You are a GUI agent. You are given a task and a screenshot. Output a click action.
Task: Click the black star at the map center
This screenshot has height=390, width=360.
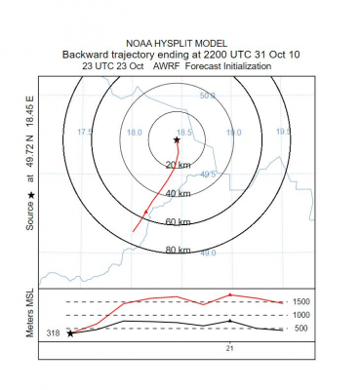(x=177, y=140)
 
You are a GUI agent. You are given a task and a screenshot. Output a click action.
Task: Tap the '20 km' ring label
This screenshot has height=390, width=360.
(x=177, y=166)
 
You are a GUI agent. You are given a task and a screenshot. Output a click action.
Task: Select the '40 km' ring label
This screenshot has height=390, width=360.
(x=177, y=194)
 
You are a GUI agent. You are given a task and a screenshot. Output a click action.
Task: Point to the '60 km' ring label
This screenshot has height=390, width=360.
(x=177, y=222)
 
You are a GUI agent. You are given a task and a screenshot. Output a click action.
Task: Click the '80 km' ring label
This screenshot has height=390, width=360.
(x=177, y=251)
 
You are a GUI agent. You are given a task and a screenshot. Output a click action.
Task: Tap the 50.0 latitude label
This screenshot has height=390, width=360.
(x=207, y=96)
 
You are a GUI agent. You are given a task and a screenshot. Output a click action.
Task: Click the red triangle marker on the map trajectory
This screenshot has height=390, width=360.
(x=147, y=208)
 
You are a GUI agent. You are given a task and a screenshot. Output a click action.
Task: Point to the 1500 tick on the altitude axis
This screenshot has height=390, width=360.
(x=301, y=302)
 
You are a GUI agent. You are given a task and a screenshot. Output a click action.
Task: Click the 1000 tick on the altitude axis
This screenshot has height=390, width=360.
(x=301, y=315)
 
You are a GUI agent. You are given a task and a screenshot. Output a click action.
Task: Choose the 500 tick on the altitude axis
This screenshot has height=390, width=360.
(x=301, y=329)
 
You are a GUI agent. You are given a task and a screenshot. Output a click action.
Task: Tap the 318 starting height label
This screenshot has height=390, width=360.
(x=54, y=333)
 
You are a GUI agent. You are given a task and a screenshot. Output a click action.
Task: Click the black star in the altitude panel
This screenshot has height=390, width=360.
(x=70, y=333)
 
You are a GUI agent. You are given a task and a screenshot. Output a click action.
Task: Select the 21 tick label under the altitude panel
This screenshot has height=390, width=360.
(x=229, y=348)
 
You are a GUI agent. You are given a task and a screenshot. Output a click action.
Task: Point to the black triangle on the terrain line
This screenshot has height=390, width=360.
(x=229, y=320)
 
